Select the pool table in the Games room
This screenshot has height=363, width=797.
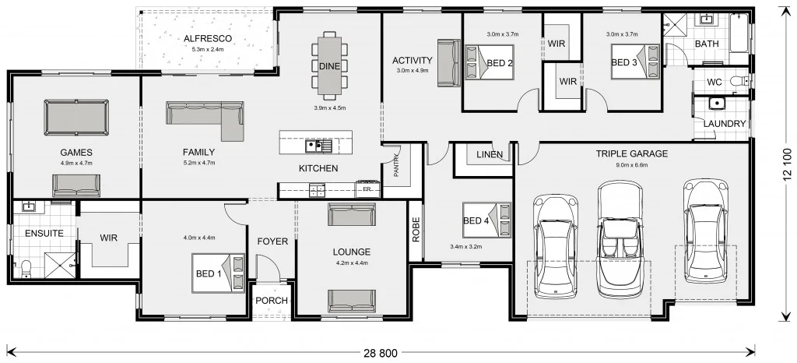click(x=76, y=118)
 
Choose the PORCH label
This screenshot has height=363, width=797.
click(x=272, y=301)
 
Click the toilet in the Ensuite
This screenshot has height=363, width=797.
click(x=25, y=266)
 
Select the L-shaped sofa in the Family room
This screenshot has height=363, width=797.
click(x=205, y=114)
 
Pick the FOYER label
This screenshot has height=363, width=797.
click(x=272, y=241)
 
